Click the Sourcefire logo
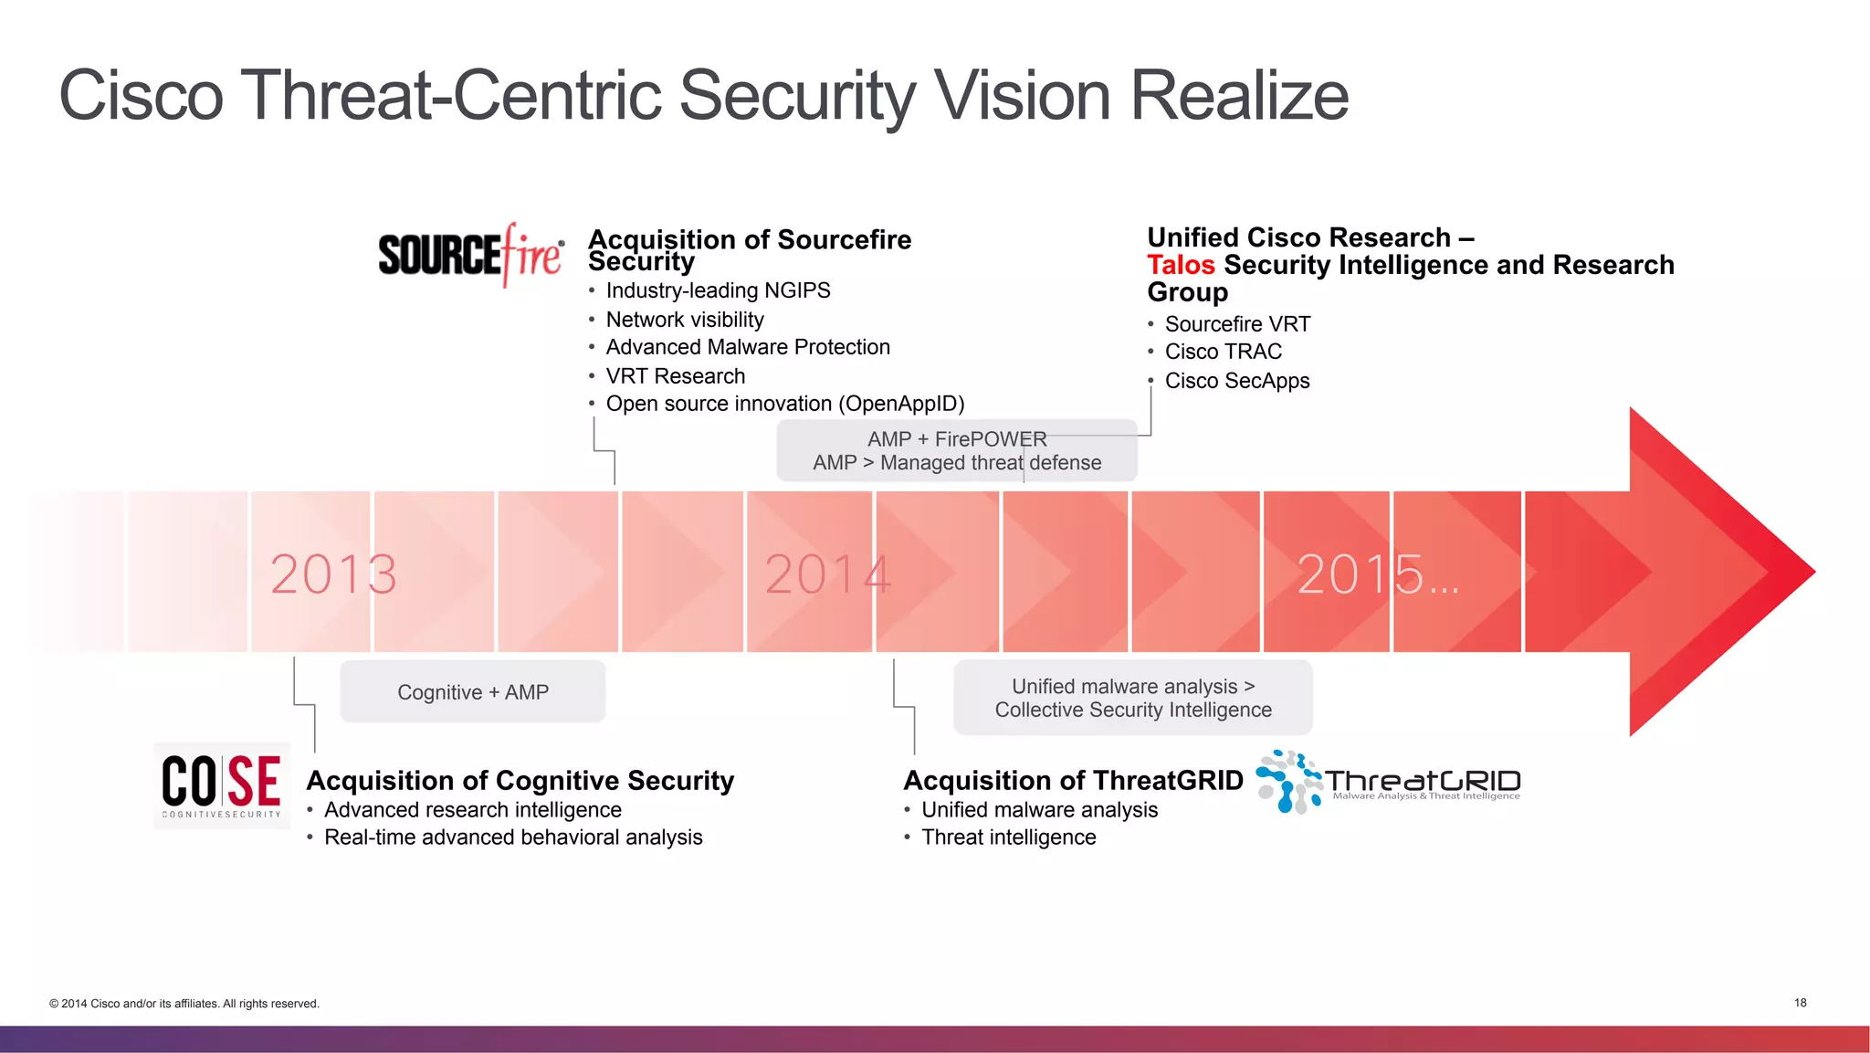click(471, 254)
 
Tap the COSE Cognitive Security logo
click(222, 785)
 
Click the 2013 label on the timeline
click(333, 574)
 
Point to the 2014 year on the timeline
click(827, 574)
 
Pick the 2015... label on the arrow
click(1377, 574)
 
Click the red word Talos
click(1181, 265)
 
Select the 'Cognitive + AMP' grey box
click(473, 692)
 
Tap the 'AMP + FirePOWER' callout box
click(957, 451)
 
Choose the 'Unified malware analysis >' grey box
click(1133, 698)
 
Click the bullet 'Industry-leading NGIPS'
click(718, 290)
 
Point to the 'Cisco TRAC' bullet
click(1223, 352)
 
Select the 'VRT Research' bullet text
click(675, 376)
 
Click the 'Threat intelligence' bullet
click(1008, 837)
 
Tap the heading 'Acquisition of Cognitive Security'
click(520, 781)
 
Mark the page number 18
click(1800, 1003)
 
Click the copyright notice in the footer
click(184, 1004)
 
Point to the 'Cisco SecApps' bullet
click(1236, 381)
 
